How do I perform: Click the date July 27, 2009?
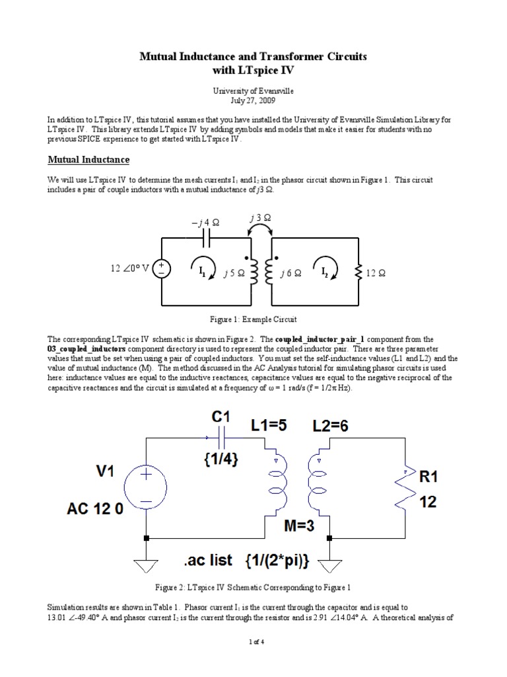coord(253,101)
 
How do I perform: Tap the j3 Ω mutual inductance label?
coord(260,218)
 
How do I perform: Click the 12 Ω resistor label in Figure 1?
coord(380,273)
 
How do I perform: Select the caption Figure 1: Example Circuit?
coord(253,319)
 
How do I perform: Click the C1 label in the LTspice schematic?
coord(221,418)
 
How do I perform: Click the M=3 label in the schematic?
coord(300,526)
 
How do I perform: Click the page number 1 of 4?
coord(253,660)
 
